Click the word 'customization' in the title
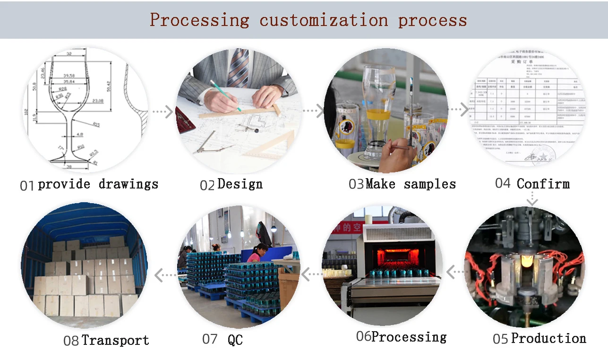(324, 20)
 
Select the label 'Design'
(240, 184)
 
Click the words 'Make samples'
(411, 184)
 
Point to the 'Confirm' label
(543, 183)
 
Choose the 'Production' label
(548, 338)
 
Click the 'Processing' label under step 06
(409, 337)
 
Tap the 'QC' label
(235, 339)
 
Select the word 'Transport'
(115, 340)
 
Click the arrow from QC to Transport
(165, 274)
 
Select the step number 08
(71, 341)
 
